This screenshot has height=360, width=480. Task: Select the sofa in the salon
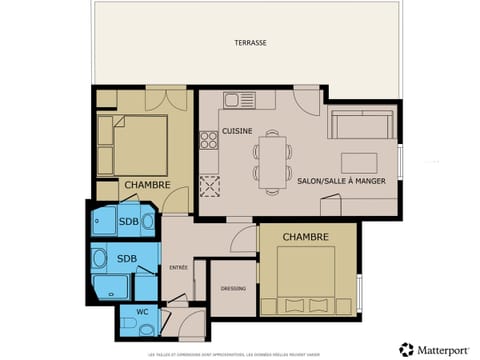(x=361, y=125)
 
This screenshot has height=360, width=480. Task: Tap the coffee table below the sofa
(x=358, y=162)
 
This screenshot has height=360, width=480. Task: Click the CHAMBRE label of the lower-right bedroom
(x=306, y=236)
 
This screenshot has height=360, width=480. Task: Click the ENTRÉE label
(x=178, y=267)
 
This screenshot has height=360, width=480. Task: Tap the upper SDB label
(x=129, y=221)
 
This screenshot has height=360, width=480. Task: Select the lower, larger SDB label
(x=127, y=258)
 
